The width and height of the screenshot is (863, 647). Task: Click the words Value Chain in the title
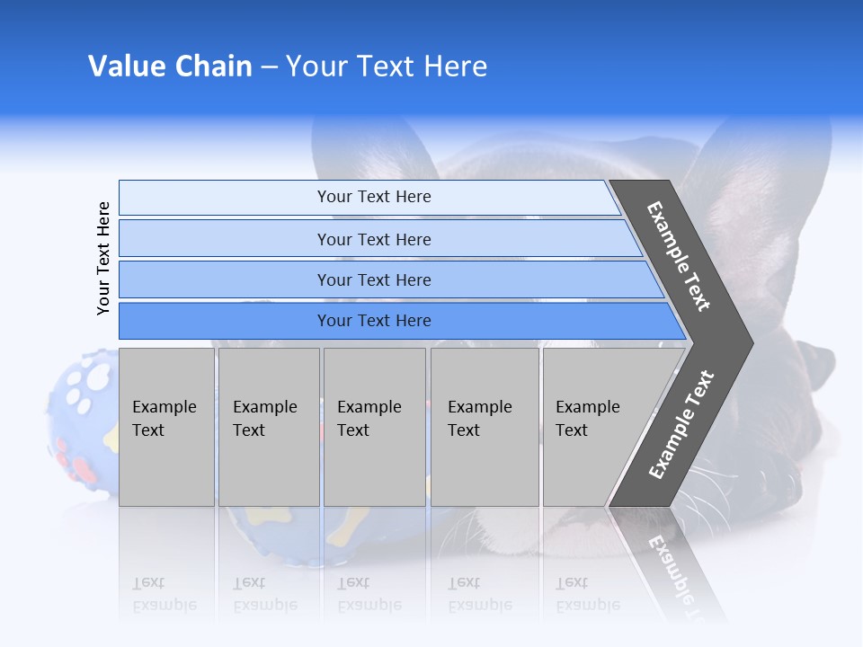tap(170, 66)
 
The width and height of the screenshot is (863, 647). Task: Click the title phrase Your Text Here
tap(387, 66)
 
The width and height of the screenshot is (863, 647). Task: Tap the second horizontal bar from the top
tap(373, 239)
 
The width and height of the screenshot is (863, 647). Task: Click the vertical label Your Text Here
tap(103, 258)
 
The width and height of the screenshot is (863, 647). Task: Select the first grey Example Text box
tap(166, 427)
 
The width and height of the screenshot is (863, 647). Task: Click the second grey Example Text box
tap(269, 427)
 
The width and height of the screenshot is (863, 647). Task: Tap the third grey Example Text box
tap(374, 427)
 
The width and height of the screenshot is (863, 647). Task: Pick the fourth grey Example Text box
tap(485, 427)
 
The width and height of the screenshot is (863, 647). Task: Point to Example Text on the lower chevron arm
tap(681, 424)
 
